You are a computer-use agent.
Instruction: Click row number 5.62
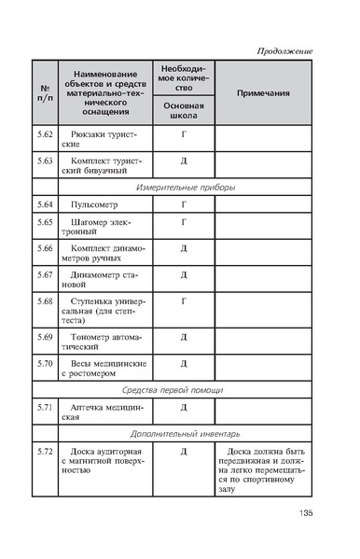pyautogui.click(x=45, y=134)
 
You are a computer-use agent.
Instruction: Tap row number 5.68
pyautogui.click(x=45, y=301)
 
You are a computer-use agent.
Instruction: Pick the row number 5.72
pyautogui.click(x=45, y=452)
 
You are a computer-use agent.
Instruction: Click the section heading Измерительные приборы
pyautogui.click(x=185, y=187)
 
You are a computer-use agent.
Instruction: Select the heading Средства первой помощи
pyautogui.click(x=185, y=389)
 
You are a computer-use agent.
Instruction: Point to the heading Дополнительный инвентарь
pyautogui.click(x=185, y=434)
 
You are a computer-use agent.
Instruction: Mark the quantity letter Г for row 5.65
pyautogui.click(x=184, y=221)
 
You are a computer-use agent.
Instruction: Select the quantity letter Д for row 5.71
pyautogui.click(x=184, y=407)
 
